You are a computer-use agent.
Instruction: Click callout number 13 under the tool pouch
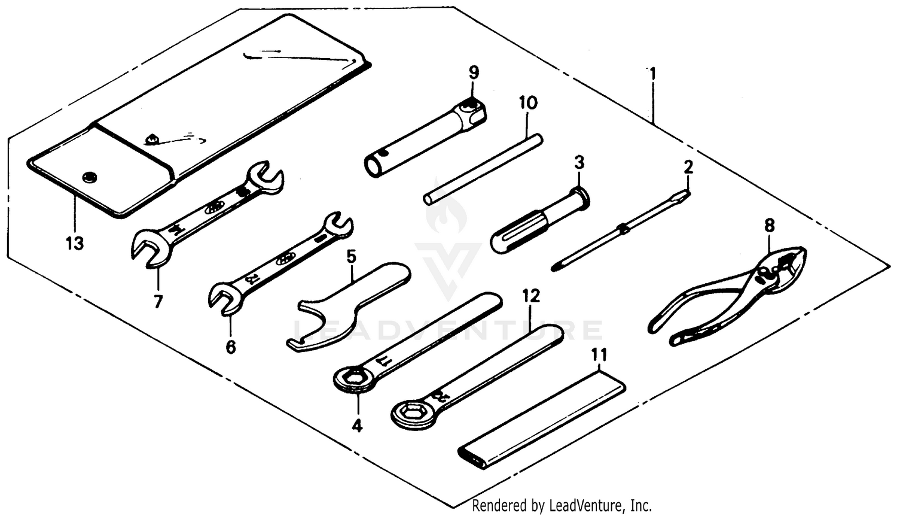(x=75, y=244)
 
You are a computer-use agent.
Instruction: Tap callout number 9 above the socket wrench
(x=473, y=73)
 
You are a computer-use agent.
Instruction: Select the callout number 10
(x=527, y=102)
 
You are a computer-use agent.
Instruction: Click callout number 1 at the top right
(x=652, y=74)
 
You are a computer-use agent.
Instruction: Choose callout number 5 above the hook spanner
(x=351, y=257)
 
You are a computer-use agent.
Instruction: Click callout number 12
(x=530, y=296)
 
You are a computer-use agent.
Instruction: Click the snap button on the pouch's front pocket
(x=90, y=176)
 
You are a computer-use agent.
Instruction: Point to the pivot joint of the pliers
(x=763, y=275)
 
